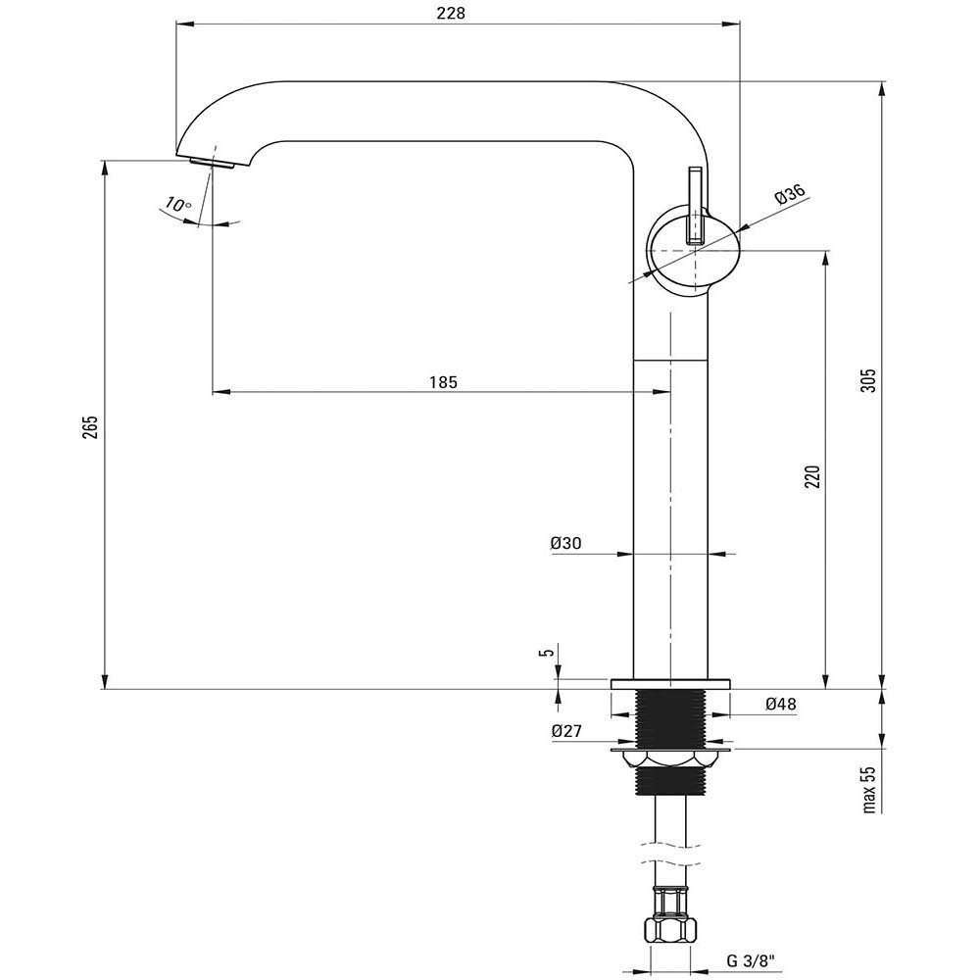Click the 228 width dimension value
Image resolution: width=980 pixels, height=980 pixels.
pyautogui.click(x=451, y=13)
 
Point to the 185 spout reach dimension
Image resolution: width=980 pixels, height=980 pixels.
pyautogui.click(x=443, y=382)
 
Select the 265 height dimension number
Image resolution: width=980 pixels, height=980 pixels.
pyautogui.click(x=91, y=427)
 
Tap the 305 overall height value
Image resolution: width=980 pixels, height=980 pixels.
pyautogui.click(x=868, y=380)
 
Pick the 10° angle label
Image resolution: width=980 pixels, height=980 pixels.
pyautogui.click(x=178, y=205)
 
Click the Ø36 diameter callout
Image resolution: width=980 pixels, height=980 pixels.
pyautogui.click(x=790, y=195)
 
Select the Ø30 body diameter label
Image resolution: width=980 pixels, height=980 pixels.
pyautogui.click(x=565, y=544)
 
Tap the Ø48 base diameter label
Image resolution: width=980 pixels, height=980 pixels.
pyautogui.click(x=781, y=705)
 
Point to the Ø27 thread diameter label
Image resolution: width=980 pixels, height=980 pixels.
pyautogui.click(x=566, y=731)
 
